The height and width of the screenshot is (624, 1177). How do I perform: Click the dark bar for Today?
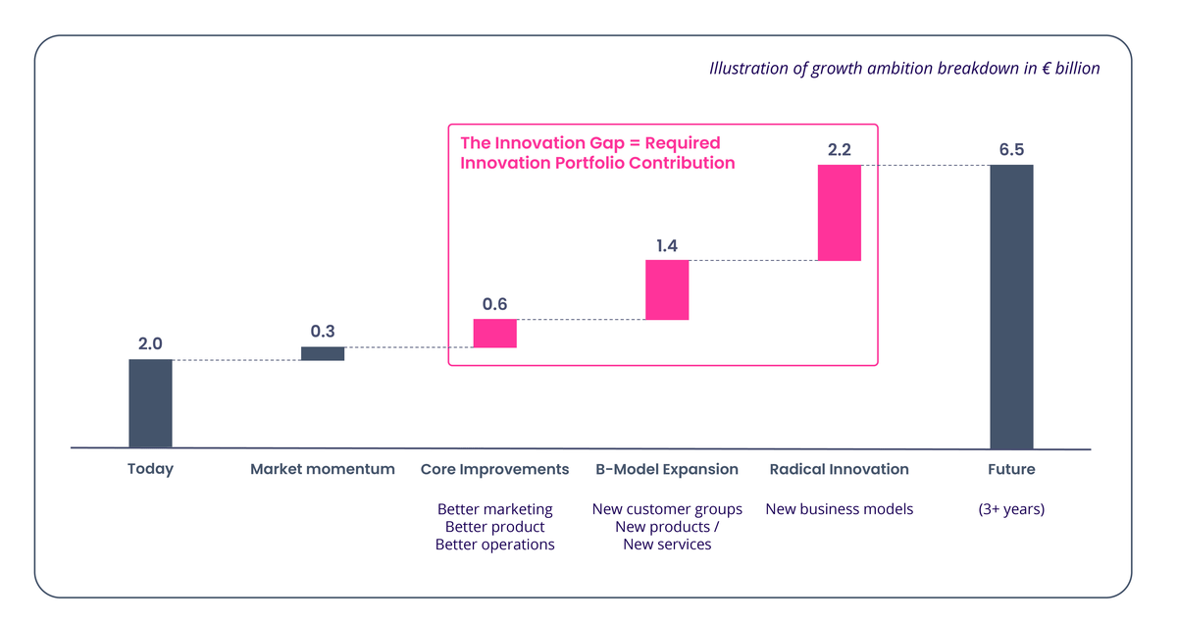pos(150,403)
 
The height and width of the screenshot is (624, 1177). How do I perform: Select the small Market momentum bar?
pos(323,353)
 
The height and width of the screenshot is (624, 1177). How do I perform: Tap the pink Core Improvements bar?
pos(494,334)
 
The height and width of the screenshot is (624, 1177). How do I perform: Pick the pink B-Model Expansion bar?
pos(667,289)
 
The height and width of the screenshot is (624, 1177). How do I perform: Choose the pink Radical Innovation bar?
pos(840,212)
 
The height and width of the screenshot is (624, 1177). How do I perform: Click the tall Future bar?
pos(1011,306)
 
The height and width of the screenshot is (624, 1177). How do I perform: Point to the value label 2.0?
pos(150,344)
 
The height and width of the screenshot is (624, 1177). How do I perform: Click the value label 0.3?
pos(323,332)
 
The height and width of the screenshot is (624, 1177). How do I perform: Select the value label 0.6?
pos(494,304)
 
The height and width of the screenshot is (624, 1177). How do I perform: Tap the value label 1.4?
pos(667,245)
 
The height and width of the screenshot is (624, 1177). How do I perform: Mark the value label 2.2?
pos(840,150)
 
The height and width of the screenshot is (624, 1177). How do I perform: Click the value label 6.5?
pos(1011,150)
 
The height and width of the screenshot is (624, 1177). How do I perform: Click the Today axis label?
pos(150,469)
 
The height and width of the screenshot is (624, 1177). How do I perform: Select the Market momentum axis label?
pos(323,469)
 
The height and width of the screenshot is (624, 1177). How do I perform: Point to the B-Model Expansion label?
pos(667,469)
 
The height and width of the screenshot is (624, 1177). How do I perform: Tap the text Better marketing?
pos(494,509)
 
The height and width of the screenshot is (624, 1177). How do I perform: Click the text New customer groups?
pos(667,509)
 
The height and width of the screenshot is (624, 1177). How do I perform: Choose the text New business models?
pos(840,509)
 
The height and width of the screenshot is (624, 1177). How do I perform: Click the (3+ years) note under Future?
pos(1011,509)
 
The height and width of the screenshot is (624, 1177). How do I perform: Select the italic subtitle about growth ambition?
pos(904,69)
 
